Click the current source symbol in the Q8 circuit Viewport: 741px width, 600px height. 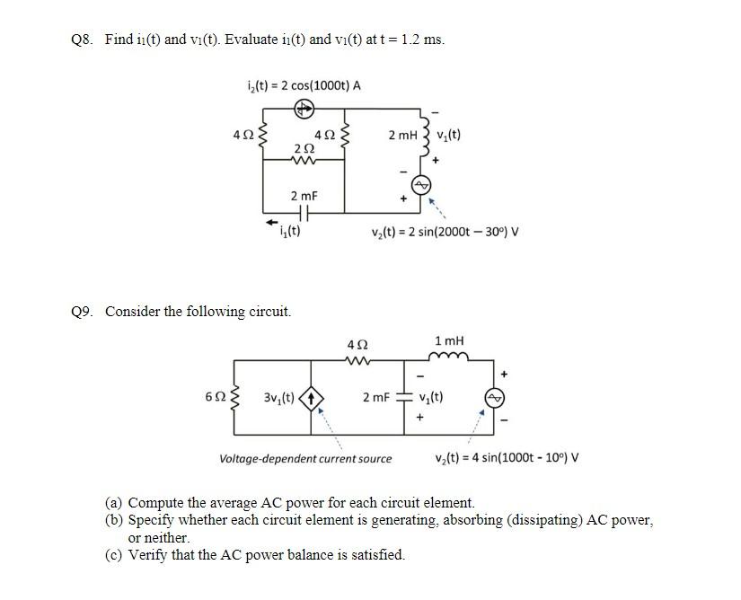coord(304,109)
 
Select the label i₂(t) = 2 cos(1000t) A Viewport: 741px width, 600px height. coord(303,85)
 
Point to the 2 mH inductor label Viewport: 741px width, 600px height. coord(402,135)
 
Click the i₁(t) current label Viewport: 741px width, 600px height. coord(289,231)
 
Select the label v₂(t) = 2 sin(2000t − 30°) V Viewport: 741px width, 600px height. coord(445,232)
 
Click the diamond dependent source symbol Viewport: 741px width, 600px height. coord(312,396)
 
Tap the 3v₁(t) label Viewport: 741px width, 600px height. coord(280,396)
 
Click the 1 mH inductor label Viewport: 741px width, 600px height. coord(448,340)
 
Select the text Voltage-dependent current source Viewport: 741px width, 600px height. coord(305,458)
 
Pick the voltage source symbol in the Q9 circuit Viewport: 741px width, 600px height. coord(495,397)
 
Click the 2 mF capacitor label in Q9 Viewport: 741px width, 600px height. coord(376,396)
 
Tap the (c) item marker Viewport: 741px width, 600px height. coord(114,554)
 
